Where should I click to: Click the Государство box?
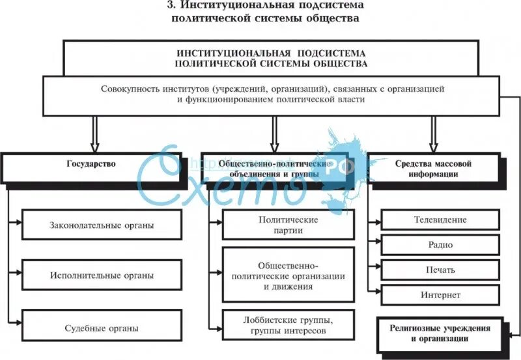coord(91,165)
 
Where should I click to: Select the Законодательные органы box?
coord(102,225)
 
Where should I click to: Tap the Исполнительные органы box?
coord(102,275)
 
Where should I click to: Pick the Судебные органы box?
coord(102,328)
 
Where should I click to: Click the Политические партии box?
coord(288,225)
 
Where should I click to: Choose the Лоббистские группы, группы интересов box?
coord(288,325)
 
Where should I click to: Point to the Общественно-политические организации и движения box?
coord(288,275)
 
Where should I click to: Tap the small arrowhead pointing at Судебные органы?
coord(18,322)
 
